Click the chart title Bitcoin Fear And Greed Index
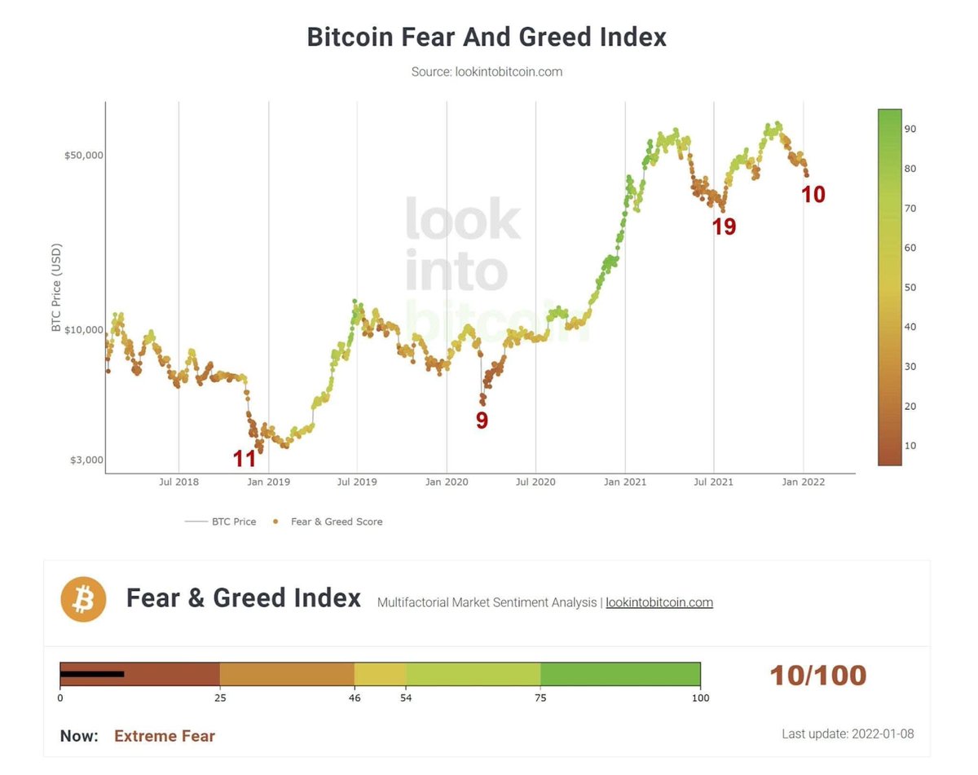487,37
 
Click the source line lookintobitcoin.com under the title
487,72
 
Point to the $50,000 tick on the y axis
85,155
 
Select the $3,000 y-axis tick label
86,460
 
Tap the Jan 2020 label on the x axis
445,482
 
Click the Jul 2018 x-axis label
178,482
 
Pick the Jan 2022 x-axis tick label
804,482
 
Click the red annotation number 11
244,459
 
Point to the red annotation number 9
482,421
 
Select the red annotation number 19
724,227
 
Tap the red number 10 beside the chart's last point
813,195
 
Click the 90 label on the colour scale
910,129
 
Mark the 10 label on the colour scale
910,446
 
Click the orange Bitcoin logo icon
83,599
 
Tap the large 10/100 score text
818,676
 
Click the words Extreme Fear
165,736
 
